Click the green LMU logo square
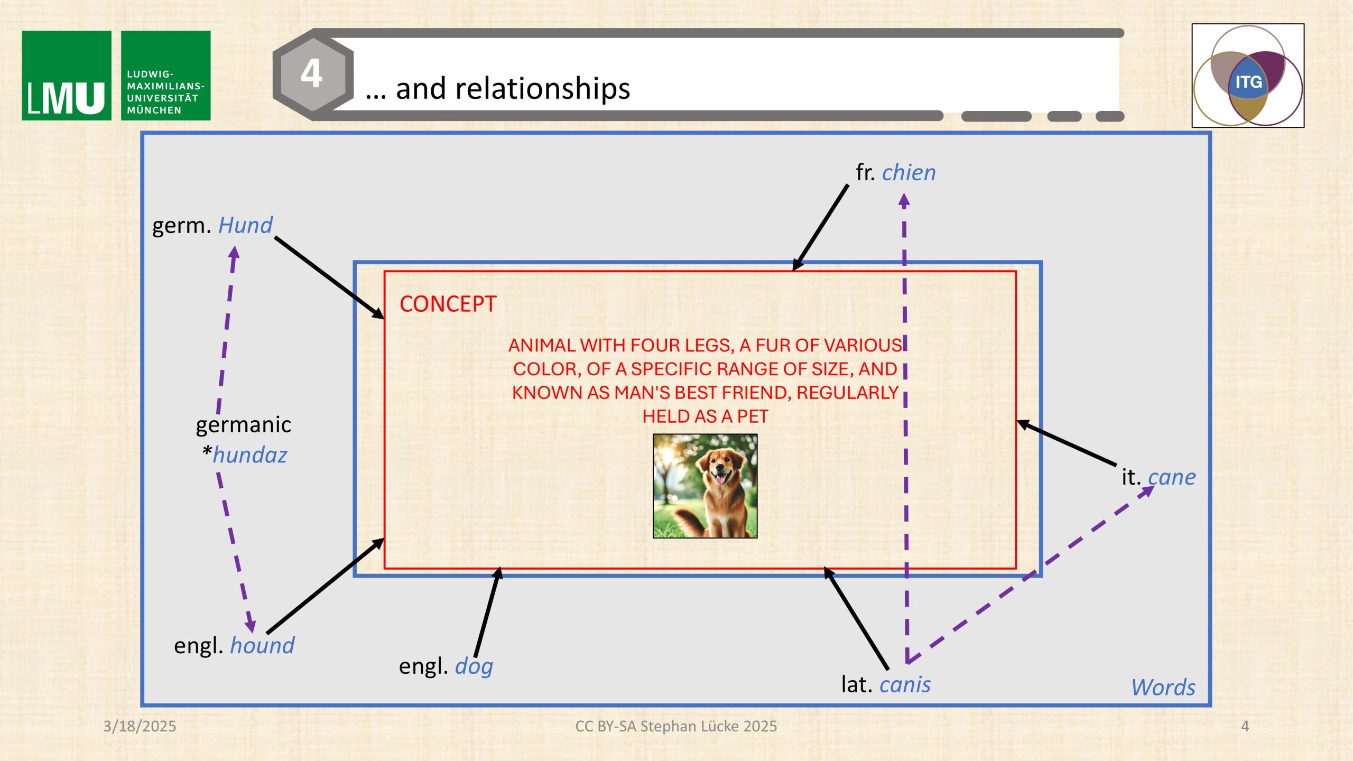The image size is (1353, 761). pyautogui.click(x=67, y=76)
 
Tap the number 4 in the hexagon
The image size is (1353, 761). pyautogui.click(x=312, y=73)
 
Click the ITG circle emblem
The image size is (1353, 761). pyautogui.click(x=1248, y=76)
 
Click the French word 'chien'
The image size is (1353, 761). pyautogui.click(x=909, y=173)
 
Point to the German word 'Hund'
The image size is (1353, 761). pyautogui.click(x=245, y=225)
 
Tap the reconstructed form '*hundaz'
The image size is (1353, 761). pyautogui.click(x=244, y=454)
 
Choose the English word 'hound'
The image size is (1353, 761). pyautogui.click(x=262, y=645)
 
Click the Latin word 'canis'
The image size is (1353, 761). pyautogui.click(x=905, y=684)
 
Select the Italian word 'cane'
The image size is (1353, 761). pyautogui.click(x=1172, y=477)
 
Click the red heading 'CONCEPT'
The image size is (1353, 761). pyautogui.click(x=448, y=304)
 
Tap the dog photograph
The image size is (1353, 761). pyautogui.click(x=705, y=486)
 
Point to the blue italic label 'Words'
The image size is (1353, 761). pyautogui.click(x=1163, y=688)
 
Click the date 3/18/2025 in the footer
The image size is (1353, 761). pyautogui.click(x=140, y=726)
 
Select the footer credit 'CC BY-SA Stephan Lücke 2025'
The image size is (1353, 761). pyautogui.click(x=676, y=726)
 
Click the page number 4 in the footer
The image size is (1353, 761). pyautogui.click(x=1245, y=726)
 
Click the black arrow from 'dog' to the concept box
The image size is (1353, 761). pyautogui.click(x=487, y=612)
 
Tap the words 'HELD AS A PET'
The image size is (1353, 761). pyautogui.click(x=705, y=416)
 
